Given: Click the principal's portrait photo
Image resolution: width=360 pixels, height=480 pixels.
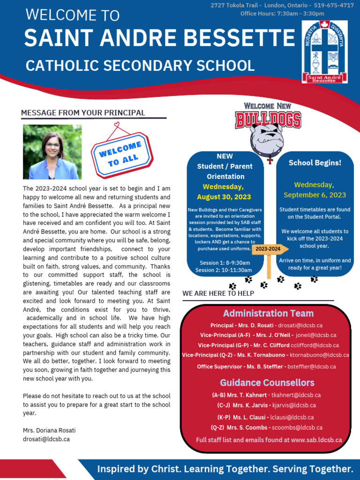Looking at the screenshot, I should click(x=52, y=152).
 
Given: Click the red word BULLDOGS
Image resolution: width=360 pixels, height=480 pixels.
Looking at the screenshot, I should click(x=268, y=120).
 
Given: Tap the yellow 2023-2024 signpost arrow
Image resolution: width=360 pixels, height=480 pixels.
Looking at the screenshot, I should click(x=268, y=249).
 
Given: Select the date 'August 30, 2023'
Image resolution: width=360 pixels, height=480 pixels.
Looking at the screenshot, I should click(x=224, y=197).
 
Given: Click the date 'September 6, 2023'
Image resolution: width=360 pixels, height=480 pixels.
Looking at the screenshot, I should click(x=315, y=195).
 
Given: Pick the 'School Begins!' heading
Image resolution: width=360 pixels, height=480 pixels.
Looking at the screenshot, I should click(x=315, y=163).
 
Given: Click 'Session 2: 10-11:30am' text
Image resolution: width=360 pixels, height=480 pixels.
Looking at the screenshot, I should click(x=224, y=270).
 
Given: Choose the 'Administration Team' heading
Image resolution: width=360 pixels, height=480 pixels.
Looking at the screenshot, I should click(x=268, y=313).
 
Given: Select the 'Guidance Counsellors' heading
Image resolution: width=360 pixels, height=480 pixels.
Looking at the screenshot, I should click(x=267, y=382).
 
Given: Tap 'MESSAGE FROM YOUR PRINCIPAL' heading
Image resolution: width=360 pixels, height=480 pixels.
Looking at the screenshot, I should click(x=83, y=113).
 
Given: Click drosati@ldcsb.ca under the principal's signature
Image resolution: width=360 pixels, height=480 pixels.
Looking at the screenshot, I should click(x=46, y=439).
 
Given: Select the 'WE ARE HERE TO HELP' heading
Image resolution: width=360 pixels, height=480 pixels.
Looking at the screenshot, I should click(x=218, y=293).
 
